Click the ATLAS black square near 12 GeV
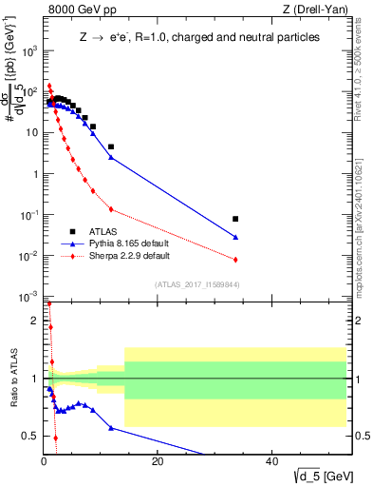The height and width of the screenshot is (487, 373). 111,146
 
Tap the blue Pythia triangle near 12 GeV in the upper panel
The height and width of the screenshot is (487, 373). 111,157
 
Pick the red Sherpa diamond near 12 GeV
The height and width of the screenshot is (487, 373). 111,209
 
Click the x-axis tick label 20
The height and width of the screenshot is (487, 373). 158,462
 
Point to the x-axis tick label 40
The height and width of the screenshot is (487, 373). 271,462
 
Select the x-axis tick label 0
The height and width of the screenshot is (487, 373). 44,462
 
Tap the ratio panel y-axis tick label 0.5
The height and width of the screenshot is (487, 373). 30,436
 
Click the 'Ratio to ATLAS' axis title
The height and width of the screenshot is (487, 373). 12,379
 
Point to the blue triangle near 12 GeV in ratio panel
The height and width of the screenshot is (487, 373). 111,428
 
